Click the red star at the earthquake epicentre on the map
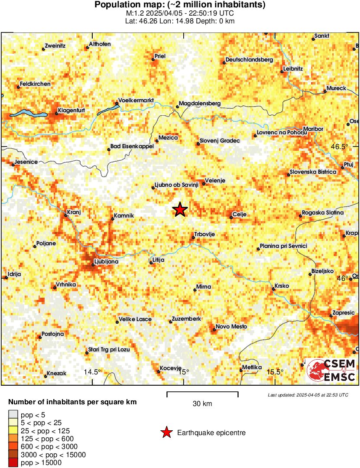180,210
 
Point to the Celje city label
239,214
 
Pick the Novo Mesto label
231,326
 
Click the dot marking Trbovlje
194,237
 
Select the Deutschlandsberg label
249,60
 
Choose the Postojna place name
53,334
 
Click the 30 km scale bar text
202,404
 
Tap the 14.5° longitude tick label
92,372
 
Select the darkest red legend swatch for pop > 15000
13,463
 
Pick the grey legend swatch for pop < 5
13,415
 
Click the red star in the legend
166,432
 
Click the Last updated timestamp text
308,395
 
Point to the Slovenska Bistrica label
313,172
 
